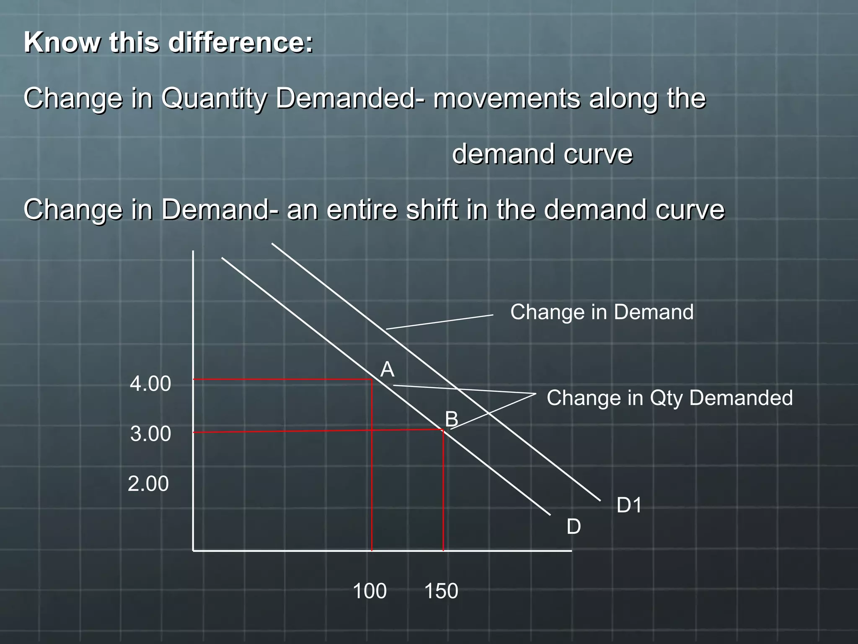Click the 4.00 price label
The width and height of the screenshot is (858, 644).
click(150, 384)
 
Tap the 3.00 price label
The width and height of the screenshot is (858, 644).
click(150, 434)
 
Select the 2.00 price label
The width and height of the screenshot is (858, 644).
click(148, 484)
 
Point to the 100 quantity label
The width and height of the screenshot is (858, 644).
click(370, 591)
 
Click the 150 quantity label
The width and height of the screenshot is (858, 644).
click(441, 591)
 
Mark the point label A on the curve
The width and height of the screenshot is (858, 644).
click(387, 370)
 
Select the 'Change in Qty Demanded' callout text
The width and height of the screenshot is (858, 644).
click(669, 398)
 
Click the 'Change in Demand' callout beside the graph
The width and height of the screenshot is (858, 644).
click(602, 312)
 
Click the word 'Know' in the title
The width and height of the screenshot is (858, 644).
click(62, 43)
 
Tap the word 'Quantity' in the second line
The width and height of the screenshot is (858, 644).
click(214, 99)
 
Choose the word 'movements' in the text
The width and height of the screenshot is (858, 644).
click(507, 99)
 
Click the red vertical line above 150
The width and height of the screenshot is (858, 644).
click(443, 491)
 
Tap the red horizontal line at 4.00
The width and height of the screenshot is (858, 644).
click(283, 379)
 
